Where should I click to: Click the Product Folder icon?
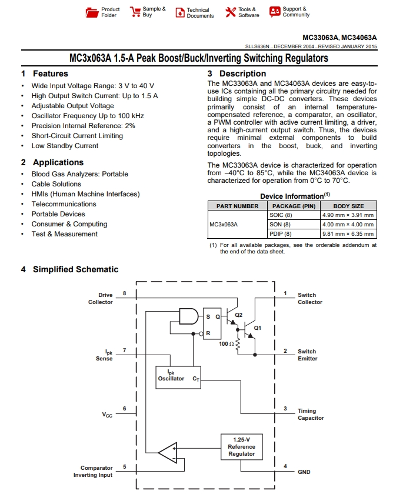point(92,12)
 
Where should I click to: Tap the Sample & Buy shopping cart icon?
point(135,12)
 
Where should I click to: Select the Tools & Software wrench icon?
point(231,12)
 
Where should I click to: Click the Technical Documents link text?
point(200,13)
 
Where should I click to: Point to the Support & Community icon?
point(275,12)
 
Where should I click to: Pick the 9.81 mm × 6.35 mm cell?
point(348,234)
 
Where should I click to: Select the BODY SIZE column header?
point(348,206)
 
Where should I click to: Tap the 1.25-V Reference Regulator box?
point(242,447)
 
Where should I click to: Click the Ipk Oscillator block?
point(178,378)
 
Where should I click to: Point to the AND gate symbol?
point(188,316)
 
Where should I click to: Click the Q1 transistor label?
point(258,328)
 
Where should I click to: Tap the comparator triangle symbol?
point(168,452)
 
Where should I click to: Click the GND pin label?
point(304,472)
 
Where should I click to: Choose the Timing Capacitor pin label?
point(311,414)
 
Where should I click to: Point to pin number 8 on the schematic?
point(125,293)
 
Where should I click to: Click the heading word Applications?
point(58,162)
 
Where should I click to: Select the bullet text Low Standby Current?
point(65,146)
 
